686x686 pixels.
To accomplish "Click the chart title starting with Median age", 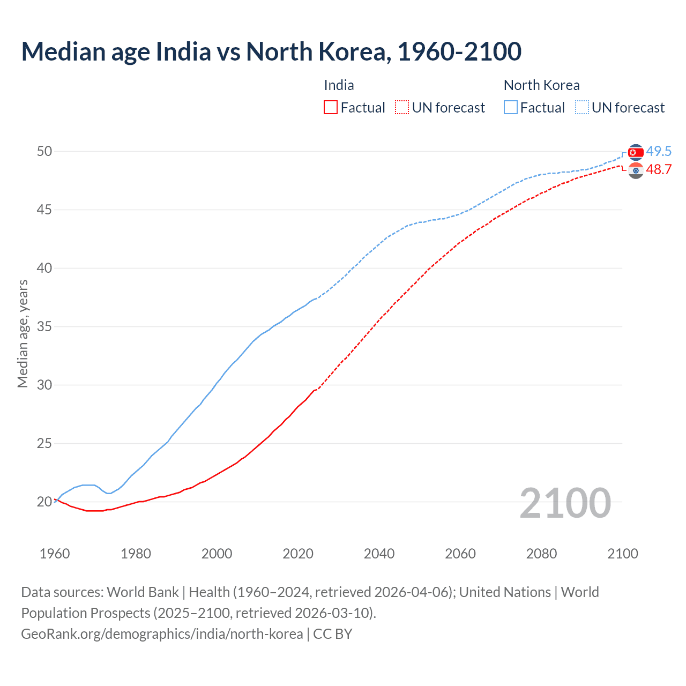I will (271, 52).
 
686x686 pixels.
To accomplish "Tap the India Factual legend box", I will (331, 108).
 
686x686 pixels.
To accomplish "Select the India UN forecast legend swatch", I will (402, 108).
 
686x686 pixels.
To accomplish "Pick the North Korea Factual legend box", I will (511, 108).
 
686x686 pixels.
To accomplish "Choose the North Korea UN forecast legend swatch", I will (582, 108).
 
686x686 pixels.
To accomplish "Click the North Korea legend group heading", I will (541, 85).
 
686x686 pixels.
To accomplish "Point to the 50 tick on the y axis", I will (44, 152).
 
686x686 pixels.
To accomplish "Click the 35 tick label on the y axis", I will (44, 327).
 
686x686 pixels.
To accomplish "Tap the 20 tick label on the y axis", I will (44, 502).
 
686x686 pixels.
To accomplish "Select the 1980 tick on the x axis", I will (136, 554).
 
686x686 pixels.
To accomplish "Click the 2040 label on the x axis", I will (379, 554).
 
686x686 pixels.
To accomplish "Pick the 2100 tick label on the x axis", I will (622, 554).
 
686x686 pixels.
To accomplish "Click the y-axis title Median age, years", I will (23, 333).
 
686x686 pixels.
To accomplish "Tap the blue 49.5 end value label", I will (659, 152).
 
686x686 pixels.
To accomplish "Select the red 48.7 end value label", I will (659, 170).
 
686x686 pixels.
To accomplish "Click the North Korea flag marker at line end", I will (636, 153).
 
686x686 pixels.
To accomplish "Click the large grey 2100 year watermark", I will (565, 503).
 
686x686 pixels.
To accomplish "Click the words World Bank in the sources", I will (143, 592).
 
